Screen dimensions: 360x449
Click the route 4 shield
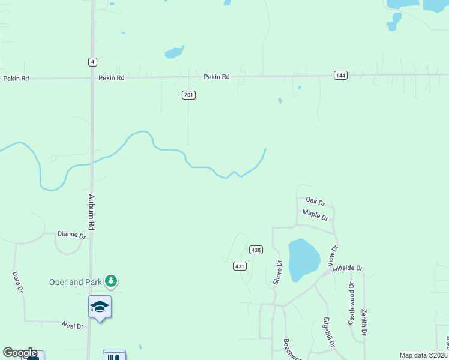point(92,62)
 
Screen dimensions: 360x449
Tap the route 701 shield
point(189,95)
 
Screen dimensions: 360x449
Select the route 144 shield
point(340,75)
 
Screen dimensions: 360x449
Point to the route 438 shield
point(256,250)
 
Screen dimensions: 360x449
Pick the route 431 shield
point(240,266)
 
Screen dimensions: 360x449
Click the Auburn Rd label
point(92,212)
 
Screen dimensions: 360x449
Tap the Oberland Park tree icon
point(110,280)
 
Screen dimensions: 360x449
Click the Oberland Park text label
point(75,281)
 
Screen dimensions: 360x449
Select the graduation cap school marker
point(100,307)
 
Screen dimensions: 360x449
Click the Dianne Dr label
point(72,235)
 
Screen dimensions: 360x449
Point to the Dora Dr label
point(18,281)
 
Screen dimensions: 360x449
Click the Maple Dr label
point(315,214)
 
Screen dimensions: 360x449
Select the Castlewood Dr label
point(351,304)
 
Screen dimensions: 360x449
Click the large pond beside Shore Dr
point(304,260)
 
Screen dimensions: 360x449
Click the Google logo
point(20,353)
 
